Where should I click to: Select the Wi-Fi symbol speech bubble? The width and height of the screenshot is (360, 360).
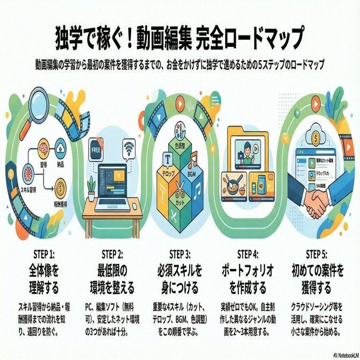(x=130, y=149)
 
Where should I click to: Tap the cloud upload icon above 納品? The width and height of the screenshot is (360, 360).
(x=61, y=146)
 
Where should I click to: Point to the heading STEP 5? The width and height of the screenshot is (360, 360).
(x=317, y=254)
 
